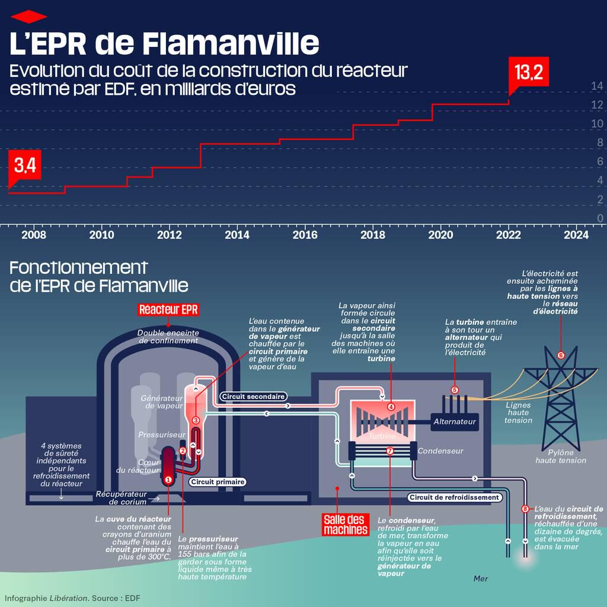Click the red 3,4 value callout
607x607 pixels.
25,165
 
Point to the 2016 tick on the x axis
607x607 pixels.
305,235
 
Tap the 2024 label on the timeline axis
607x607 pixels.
576,235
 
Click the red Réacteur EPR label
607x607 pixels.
168,309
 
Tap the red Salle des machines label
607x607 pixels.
346,524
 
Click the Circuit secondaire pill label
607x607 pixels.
253,396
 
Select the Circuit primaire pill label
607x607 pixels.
218,482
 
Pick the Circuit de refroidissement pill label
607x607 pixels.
454,497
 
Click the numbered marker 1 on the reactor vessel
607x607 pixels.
168,479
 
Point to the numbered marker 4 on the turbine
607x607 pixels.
391,407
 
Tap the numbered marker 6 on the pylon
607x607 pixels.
561,356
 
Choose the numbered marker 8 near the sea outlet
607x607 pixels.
525,509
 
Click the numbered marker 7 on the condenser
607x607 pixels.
389,451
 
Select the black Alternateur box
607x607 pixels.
455,421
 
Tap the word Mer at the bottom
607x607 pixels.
481,578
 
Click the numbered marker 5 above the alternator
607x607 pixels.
455,389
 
